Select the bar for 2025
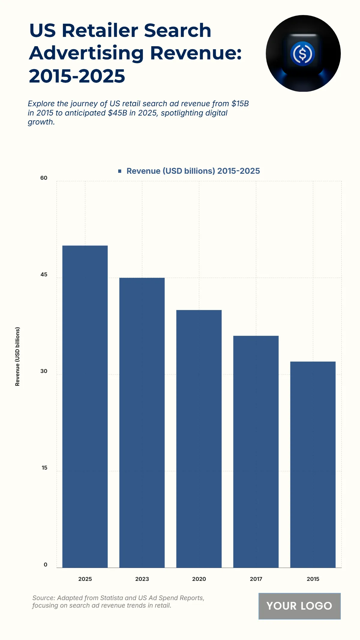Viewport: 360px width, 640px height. (x=85, y=407)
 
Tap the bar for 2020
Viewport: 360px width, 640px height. (x=199, y=439)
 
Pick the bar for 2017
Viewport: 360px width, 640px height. (x=256, y=452)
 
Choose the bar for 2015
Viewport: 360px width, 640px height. (x=313, y=464)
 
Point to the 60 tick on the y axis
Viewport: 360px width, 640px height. (x=44, y=178)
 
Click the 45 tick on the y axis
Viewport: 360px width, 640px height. (x=44, y=275)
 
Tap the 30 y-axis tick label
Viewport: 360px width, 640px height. (x=44, y=371)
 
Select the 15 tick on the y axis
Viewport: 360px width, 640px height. (x=44, y=468)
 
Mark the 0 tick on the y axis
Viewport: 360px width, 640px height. (x=46, y=564)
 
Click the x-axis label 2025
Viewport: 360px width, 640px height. (x=85, y=579)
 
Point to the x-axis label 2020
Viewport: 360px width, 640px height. (x=199, y=579)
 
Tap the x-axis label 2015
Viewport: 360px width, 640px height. (x=313, y=579)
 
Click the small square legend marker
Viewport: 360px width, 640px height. (x=120, y=171)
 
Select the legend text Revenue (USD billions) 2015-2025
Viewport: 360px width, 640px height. (x=193, y=171)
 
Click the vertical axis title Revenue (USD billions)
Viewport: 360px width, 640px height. (x=17, y=356)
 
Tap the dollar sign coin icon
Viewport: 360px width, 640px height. (x=303, y=54)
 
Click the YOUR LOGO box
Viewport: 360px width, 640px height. (x=299, y=606)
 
